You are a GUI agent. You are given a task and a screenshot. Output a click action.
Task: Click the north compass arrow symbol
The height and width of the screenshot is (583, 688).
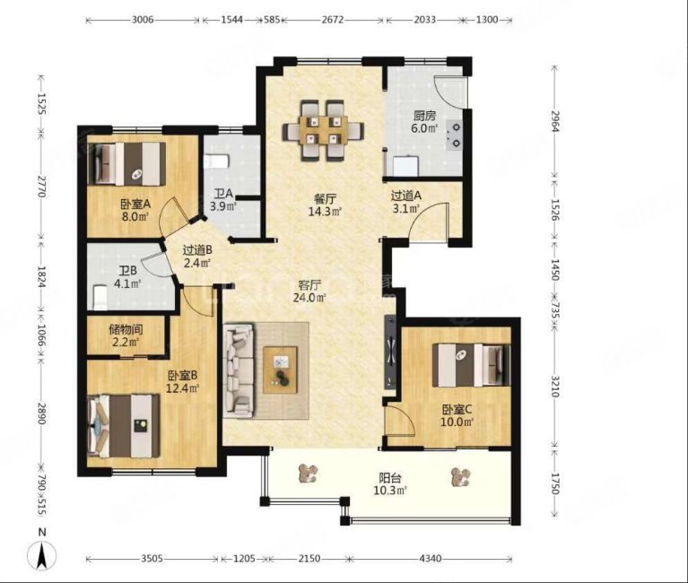(x=41, y=555)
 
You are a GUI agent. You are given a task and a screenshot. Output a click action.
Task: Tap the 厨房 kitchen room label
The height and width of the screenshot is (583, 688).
(x=424, y=116)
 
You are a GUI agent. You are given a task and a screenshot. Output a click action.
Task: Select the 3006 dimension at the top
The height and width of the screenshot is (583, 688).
(x=143, y=20)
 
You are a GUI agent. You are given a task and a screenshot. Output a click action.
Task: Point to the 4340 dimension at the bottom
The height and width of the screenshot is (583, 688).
(x=431, y=559)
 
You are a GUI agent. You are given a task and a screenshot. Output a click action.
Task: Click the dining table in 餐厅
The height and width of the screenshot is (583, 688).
(x=324, y=131)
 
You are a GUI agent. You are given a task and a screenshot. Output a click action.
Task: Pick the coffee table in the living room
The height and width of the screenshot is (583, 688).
(x=281, y=370)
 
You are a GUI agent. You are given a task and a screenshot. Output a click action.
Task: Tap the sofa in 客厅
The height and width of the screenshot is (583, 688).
(x=239, y=370)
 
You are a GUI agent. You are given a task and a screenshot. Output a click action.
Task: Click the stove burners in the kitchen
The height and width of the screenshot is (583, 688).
(x=456, y=135)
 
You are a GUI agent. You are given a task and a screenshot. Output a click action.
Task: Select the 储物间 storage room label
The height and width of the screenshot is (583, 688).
(x=126, y=329)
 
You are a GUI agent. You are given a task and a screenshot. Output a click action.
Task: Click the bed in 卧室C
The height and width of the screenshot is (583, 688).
(x=471, y=365)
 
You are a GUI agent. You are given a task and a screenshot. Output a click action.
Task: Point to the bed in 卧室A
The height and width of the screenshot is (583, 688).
(x=126, y=163)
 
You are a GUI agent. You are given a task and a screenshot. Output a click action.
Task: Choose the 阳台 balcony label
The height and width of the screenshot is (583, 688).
(x=390, y=477)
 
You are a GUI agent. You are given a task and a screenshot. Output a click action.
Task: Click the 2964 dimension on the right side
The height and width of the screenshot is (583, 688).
(x=555, y=121)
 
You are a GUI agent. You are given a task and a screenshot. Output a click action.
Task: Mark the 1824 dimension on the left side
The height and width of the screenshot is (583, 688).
(x=41, y=277)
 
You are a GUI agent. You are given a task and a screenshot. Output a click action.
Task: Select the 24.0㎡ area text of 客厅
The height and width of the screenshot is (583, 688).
(x=309, y=298)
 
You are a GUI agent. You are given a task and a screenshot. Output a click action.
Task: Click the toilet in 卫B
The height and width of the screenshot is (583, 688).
(x=100, y=298)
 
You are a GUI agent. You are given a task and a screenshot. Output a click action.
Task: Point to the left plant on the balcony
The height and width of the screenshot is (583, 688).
(x=308, y=474)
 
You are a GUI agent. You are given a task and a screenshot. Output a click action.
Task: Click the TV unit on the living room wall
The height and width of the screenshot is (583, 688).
(x=390, y=352)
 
